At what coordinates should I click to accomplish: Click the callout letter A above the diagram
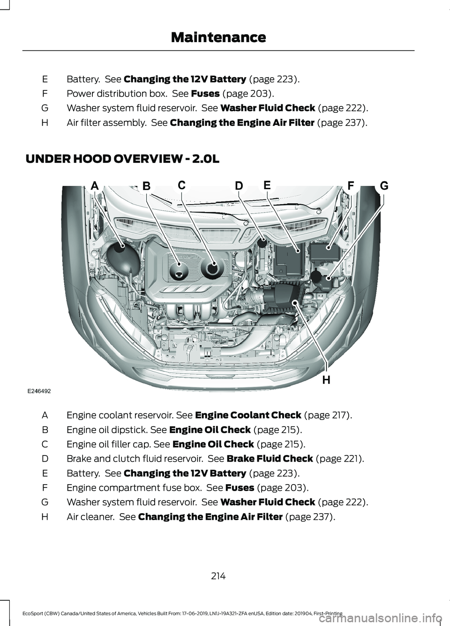pyautogui.click(x=94, y=186)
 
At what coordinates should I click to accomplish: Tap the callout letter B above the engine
pyautogui.click(x=146, y=186)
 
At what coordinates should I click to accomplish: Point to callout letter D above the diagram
pyautogui.click(x=239, y=186)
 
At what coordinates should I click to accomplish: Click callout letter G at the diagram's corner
pyautogui.click(x=384, y=185)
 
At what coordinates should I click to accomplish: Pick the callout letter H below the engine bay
pyautogui.click(x=326, y=380)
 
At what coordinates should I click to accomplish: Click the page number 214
pyautogui.click(x=218, y=576)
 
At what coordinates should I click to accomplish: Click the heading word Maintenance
pyautogui.click(x=218, y=37)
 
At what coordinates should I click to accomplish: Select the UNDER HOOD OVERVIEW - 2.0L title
pyautogui.click(x=122, y=159)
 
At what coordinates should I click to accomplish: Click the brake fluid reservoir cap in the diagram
pyautogui.click(x=262, y=243)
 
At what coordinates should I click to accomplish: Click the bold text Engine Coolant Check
pyautogui.click(x=247, y=415)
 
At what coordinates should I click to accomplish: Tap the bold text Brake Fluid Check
pyautogui.click(x=269, y=458)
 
